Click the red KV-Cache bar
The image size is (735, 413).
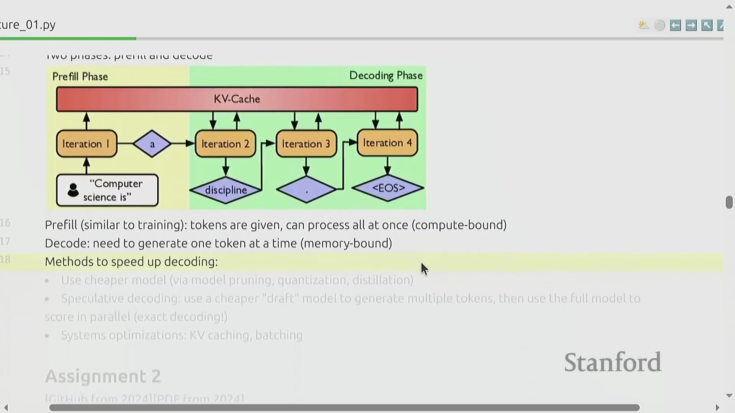pyautogui.click(x=237, y=99)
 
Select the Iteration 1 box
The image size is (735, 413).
pyautogui.click(x=87, y=144)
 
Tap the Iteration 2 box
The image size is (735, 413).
pyautogui.click(x=225, y=144)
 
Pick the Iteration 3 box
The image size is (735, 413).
pyautogui.click(x=306, y=144)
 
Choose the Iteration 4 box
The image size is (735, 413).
pyautogui.click(x=387, y=143)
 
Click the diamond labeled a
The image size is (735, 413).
pyautogui.click(x=152, y=144)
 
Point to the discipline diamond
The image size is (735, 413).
pyautogui.click(x=226, y=190)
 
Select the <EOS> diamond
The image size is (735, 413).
pyautogui.click(x=388, y=188)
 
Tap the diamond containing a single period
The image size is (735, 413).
pyautogui.click(x=306, y=189)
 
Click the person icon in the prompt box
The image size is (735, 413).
pyautogui.click(x=73, y=190)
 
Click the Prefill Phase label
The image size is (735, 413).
pyautogui.click(x=80, y=76)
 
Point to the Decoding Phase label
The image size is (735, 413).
pyautogui.click(x=386, y=75)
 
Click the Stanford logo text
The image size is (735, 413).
pyautogui.click(x=612, y=362)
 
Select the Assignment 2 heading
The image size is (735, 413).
pyautogui.click(x=103, y=376)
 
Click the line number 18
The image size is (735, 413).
pyautogui.click(x=5, y=260)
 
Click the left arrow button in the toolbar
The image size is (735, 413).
pyautogui.click(x=675, y=25)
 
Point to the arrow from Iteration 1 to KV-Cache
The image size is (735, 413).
pyautogui.click(x=87, y=121)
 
